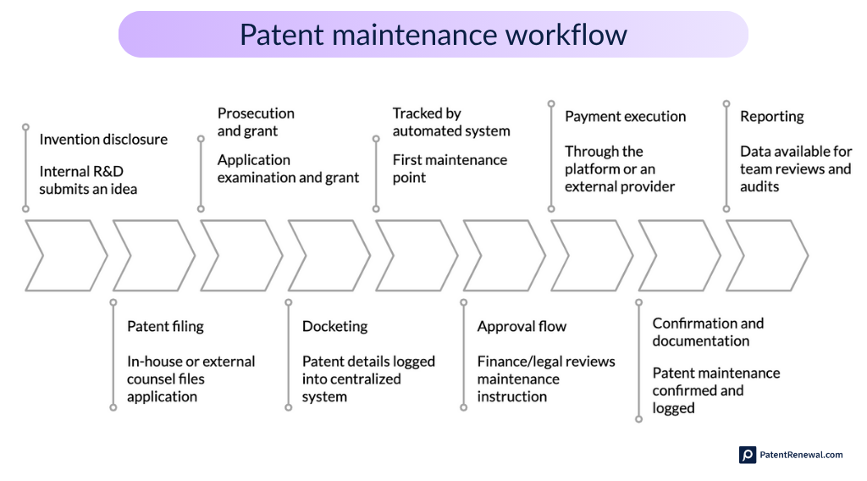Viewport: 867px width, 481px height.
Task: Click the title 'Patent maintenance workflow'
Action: (x=433, y=34)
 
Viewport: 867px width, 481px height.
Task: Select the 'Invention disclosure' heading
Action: (x=103, y=140)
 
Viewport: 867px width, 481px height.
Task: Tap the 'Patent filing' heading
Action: (x=165, y=326)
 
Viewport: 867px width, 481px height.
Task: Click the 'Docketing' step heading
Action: (x=334, y=326)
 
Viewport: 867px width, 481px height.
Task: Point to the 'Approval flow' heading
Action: (x=522, y=326)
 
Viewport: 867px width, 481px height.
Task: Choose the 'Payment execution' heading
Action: (x=625, y=117)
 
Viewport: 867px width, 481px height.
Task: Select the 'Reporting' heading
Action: (x=771, y=117)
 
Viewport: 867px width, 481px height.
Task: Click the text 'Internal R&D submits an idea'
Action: (x=88, y=180)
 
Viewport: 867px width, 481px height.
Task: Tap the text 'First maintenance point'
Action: (x=450, y=169)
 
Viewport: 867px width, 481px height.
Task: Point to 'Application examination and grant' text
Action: (x=288, y=169)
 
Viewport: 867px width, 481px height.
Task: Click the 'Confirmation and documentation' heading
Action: (x=708, y=332)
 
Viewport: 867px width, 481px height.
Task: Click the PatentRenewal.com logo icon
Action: (x=747, y=455)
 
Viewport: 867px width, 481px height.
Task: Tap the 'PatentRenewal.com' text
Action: (x=801, y=455)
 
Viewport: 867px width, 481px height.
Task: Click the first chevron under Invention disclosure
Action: (x=65, y=255)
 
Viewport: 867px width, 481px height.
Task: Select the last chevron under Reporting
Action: (x=766, y=255)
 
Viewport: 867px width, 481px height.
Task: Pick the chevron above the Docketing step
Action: (x=329, y=255)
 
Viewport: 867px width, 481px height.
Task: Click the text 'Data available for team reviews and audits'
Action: (x=795, y=169)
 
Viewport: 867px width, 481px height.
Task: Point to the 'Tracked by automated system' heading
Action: (x=451, y=122)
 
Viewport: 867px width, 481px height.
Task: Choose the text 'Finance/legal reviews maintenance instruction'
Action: (x=546, y=379)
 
